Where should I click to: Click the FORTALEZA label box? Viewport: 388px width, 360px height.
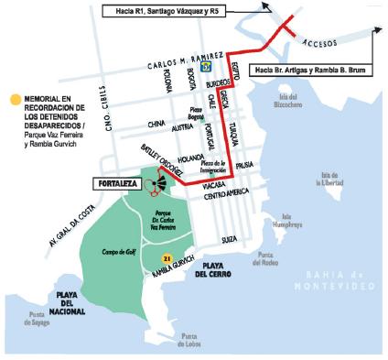[116, 184]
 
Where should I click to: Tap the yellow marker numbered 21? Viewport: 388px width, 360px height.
[167, 260]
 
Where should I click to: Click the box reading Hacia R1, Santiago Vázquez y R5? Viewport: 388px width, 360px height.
[174, 10]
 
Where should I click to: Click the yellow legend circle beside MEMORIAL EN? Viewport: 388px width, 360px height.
[14, 98]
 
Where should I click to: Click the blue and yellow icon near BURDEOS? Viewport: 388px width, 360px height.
[208, 66]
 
